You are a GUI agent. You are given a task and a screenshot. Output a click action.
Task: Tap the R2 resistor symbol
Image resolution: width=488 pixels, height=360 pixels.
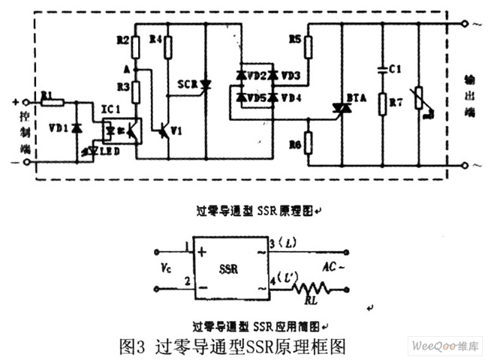135,48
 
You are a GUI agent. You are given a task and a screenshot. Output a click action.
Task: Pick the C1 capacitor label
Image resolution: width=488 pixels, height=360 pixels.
395,69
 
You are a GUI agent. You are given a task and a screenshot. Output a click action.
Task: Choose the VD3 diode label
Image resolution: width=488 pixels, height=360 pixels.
291,76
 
